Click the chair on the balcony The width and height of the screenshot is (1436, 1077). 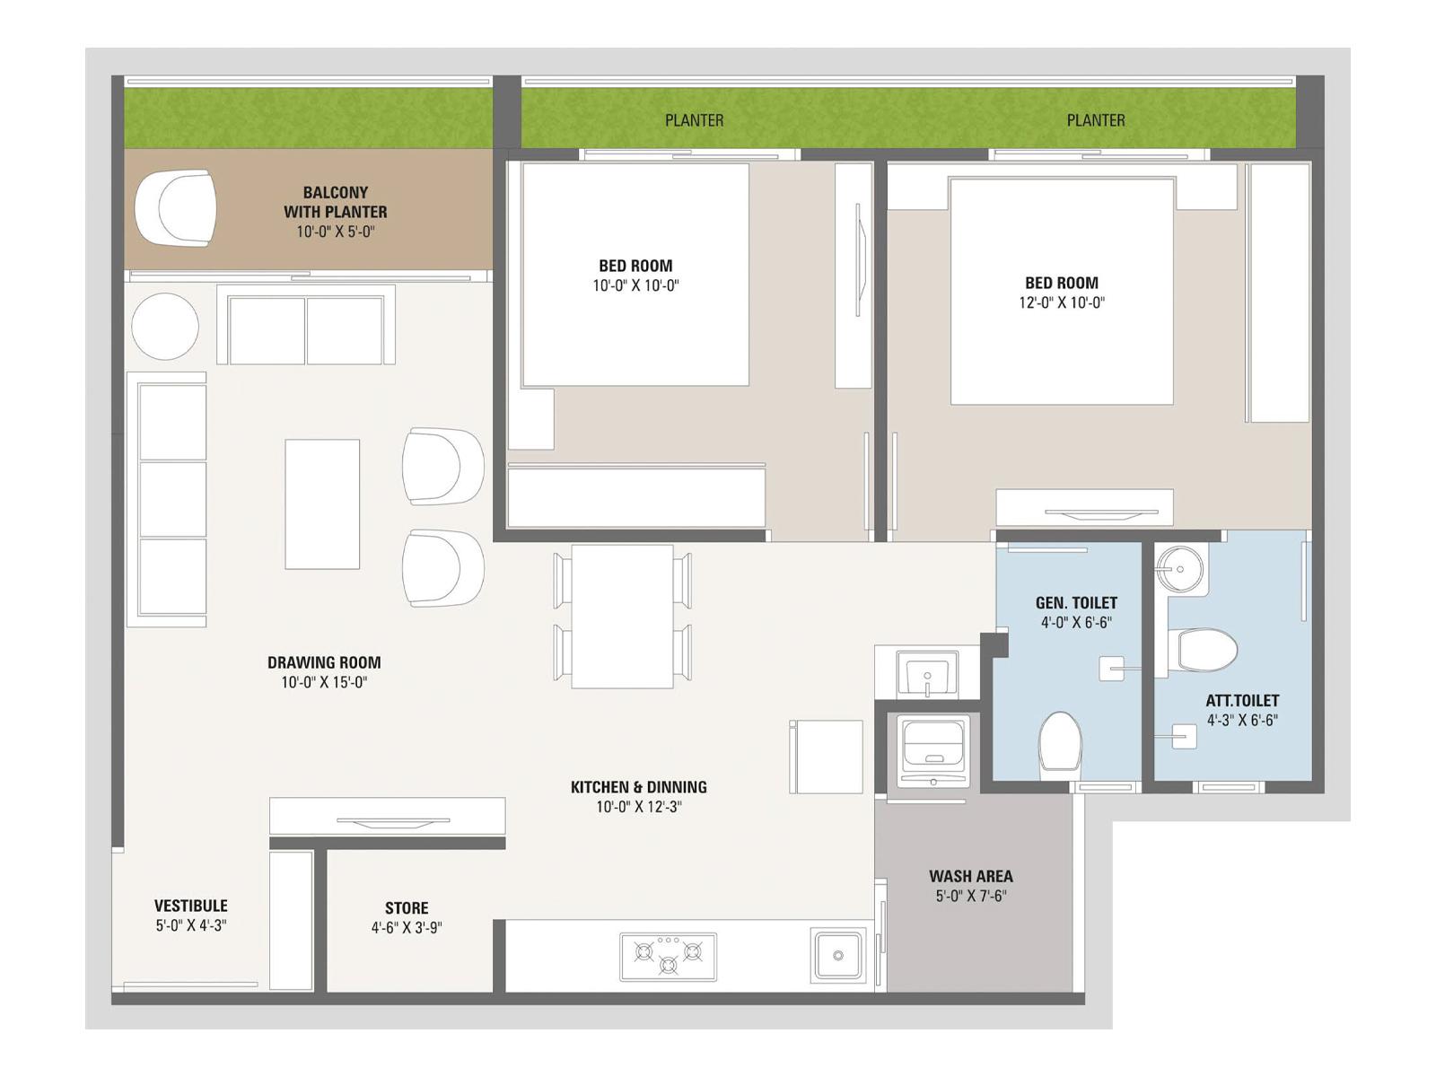[x=175, y=208]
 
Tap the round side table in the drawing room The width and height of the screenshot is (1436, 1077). [x=165, y=327]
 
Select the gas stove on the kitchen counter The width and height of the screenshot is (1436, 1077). [x=668, y=957]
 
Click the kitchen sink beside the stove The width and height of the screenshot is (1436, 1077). [x=836, y=955]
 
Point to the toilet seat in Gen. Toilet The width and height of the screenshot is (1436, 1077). [x=1060, y=743]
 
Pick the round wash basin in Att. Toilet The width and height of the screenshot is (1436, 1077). [x=1179, y=569]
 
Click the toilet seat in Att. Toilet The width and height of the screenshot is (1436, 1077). [x=1204, y=650]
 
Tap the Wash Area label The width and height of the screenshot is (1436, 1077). [x=971, y=876]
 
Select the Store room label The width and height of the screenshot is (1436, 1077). [x=407, y=907]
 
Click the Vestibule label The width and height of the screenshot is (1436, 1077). [x=191, y=906]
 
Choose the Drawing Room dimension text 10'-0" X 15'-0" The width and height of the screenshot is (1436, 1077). [x=324, y=683]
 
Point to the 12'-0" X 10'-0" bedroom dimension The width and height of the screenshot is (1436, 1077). [x=1062, y=302]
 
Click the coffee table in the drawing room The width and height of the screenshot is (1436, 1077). [x=322, y=504]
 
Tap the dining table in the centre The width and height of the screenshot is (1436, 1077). [x=622, y=616]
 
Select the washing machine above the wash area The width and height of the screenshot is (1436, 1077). [x=933, y=750]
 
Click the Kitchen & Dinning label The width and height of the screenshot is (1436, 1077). [x=638, y=787]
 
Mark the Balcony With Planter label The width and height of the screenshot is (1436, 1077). [x=335, y=202]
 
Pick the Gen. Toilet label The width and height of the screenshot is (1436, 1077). [x=1076, y=602]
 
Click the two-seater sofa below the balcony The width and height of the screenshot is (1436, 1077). [x=305, y=325]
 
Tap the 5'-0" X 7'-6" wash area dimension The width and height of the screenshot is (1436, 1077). [x=971, y=896]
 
